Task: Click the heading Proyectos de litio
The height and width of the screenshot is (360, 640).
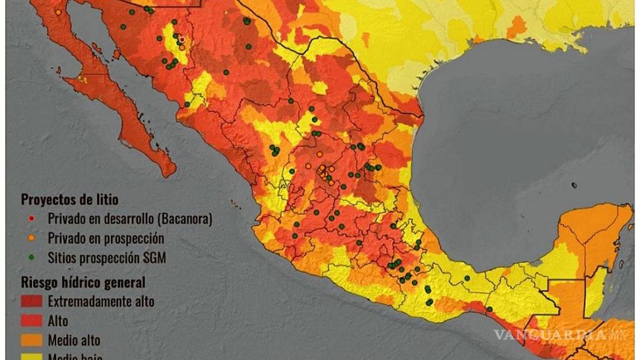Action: (x=69, y=199)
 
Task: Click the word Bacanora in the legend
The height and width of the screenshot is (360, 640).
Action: (x=183, y=219)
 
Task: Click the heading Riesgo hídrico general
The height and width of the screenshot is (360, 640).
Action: (x=83, y=282)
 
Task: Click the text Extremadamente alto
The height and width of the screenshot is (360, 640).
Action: (x=101, y=302)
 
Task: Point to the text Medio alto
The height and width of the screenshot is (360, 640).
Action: (x=74, y=339)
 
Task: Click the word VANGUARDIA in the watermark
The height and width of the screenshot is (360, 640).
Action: (x=550, y=335)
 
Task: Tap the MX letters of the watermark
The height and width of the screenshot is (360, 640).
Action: (x=618, y=335)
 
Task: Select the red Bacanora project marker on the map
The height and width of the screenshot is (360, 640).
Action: (x=181, y=39)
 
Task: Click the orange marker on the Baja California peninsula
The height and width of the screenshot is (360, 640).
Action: (x=58, y=12)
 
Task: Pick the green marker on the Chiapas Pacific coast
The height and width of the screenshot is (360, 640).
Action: (x=489, y=309)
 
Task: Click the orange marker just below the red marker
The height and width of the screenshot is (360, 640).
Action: (x=182, y=47)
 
